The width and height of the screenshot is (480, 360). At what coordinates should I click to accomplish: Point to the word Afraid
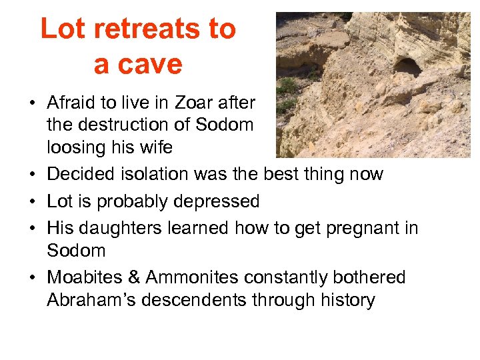[x=72, y=103]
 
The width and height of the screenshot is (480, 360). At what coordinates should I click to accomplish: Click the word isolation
[x=149, y=175]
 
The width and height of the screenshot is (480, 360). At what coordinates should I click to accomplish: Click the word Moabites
[x=84, y=277]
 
